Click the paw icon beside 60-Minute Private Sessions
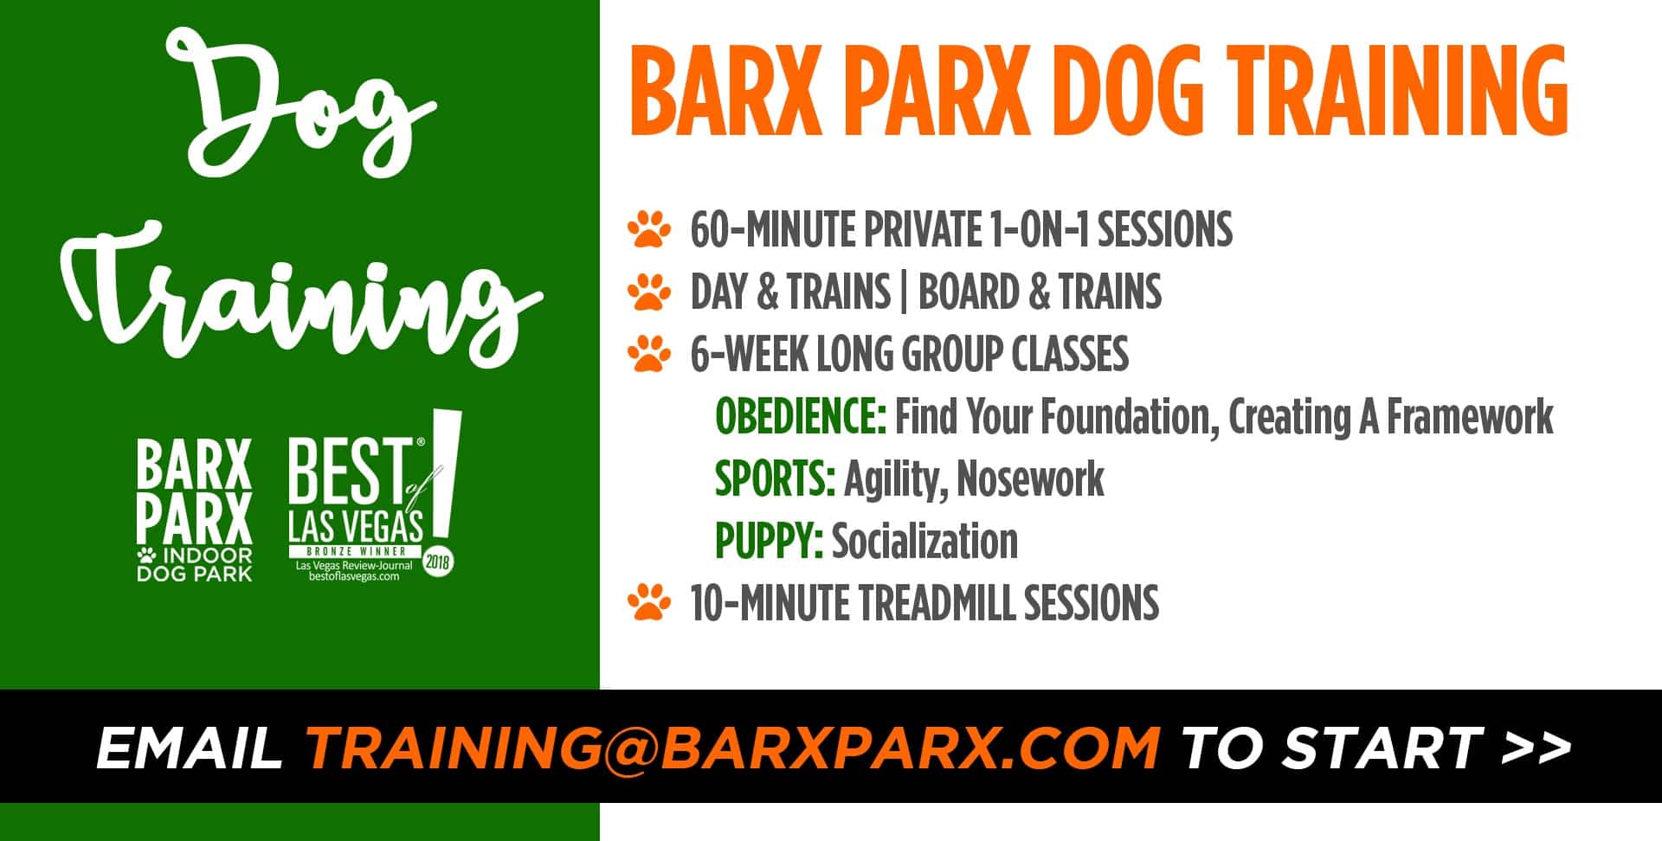click(649, 230)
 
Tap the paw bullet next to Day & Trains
click(649, 292)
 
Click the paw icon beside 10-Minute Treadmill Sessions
click(649, 603)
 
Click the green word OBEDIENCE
click(800, 417)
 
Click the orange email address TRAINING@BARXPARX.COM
click(733, 747)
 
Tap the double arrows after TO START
click(1536, 747)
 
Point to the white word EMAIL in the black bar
click(190, 747)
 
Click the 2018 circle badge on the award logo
click(438, 562)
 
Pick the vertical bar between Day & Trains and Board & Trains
click(904, 292)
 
